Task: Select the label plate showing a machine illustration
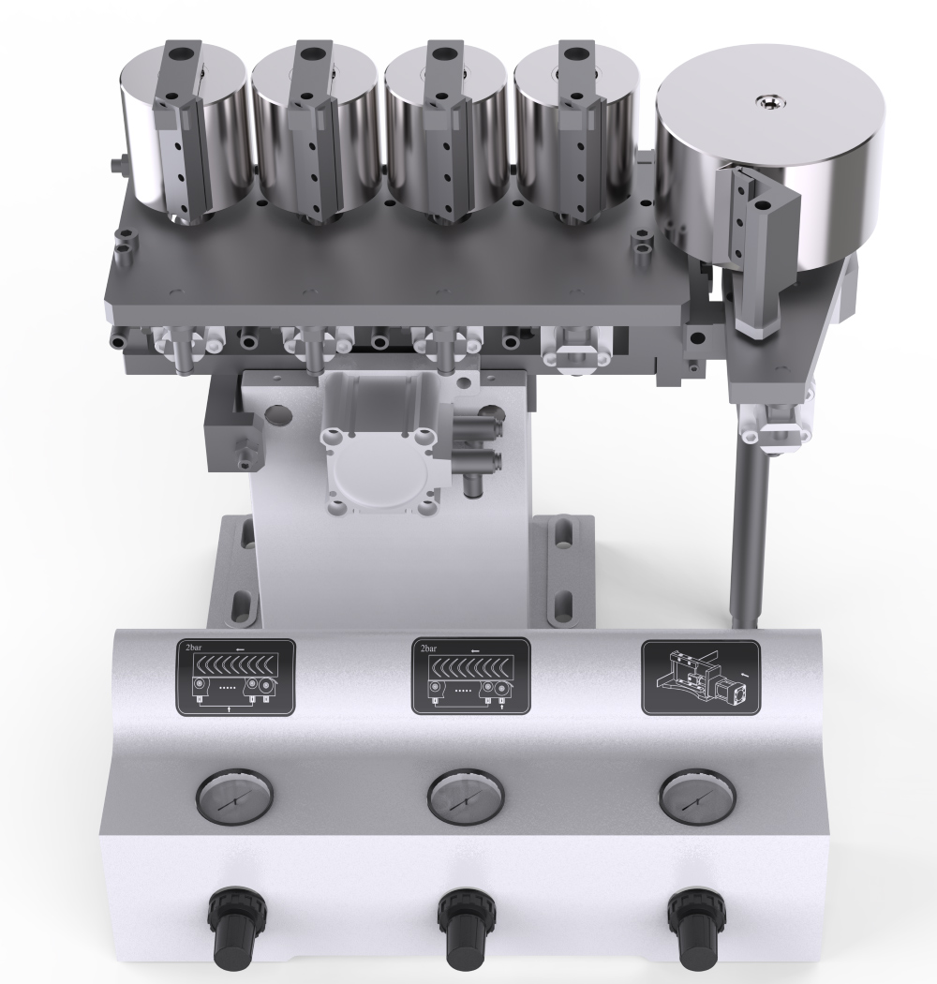pos(701,678)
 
